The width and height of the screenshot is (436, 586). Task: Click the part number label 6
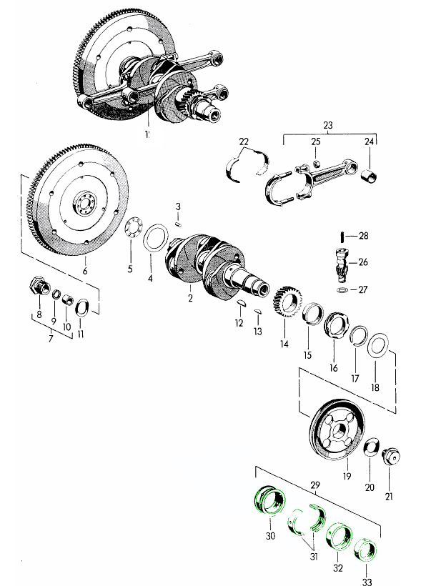(84, 271)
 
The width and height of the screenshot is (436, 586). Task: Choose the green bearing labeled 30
(269, 500)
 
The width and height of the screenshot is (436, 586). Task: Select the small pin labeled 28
(344, 237)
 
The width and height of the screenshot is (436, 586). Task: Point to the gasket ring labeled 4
(153, 237)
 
